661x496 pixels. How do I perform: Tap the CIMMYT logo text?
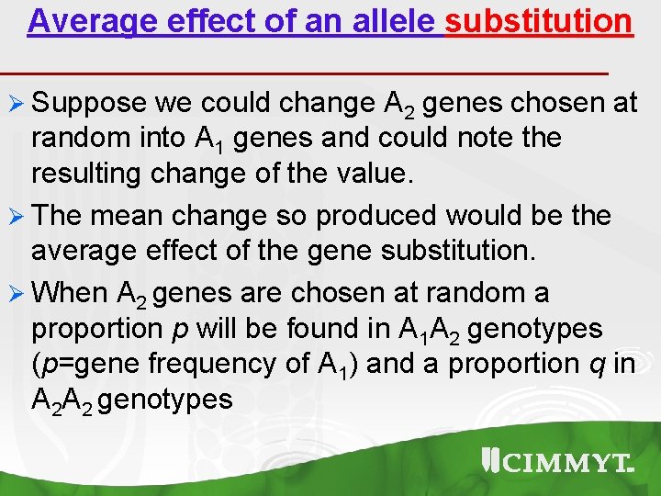pos(561,463)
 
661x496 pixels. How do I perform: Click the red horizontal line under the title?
pos(303,71)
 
